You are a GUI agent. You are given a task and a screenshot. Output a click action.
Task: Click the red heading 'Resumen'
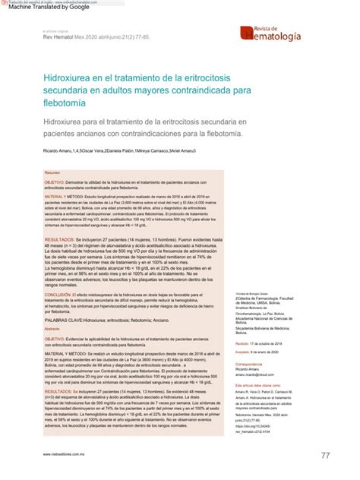pos(52,173)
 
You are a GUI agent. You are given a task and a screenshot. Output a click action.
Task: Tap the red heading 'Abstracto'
pos(52,330)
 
